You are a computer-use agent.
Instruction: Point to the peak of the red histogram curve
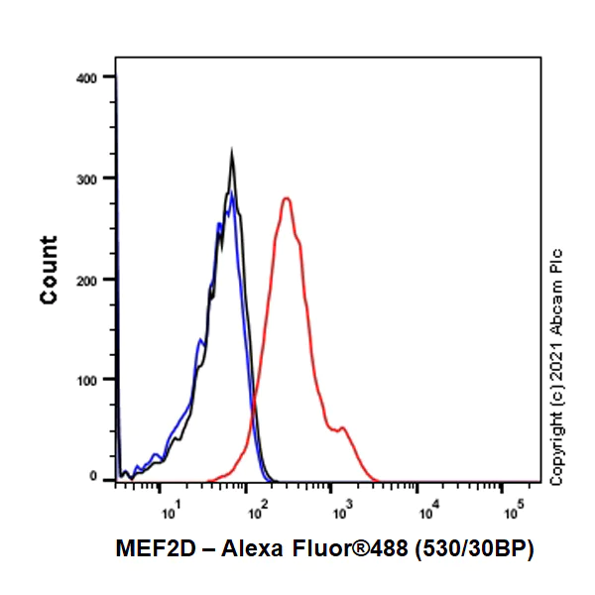[287, 198]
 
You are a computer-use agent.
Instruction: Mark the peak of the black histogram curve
[232, 153]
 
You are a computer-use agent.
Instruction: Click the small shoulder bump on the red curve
[342, 428]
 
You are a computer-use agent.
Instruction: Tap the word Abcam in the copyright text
[556, 302]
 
